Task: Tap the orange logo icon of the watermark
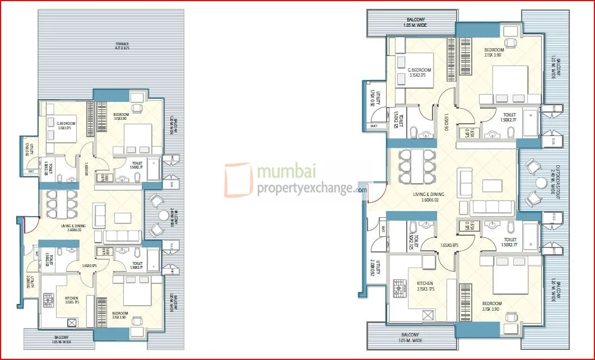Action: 238,180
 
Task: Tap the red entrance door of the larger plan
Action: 379,194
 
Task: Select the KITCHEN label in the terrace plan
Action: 71,298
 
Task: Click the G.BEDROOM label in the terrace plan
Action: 66,123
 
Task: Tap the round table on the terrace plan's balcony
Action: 162,216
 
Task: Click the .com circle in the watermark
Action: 360,190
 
